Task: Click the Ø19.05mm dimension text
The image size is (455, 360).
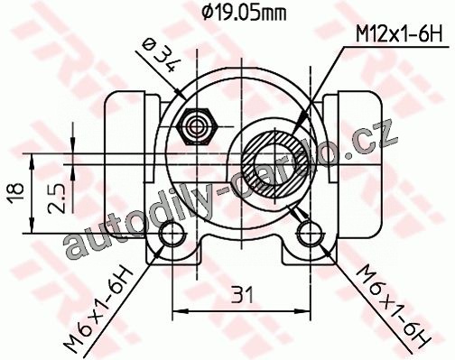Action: click(x=243, y=13)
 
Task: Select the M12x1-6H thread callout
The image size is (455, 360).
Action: click(x=399, y=34)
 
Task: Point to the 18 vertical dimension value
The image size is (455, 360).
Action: click(x=16, y=193)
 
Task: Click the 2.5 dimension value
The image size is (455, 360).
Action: click(x=56, y=199)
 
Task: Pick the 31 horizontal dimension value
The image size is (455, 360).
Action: click(x=242, y=295)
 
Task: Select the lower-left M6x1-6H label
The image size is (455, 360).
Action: click(x=98, y=309)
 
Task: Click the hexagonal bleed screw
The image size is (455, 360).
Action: click(x=197, y=126)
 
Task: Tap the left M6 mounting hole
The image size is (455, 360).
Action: click(x=172, y=233)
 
